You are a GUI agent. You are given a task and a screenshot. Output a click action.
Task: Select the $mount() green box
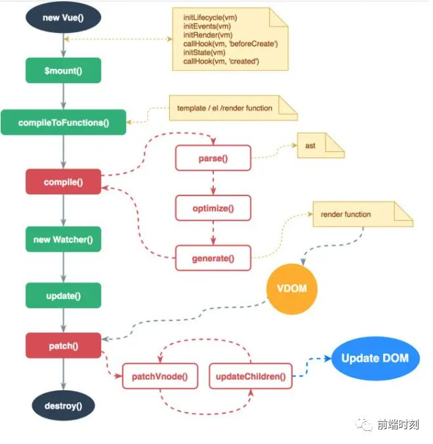[x=64, y=70]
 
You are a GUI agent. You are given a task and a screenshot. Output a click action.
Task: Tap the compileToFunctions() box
[x=64, y=122]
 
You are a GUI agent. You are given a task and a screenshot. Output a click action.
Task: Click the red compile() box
[x=64, y=182]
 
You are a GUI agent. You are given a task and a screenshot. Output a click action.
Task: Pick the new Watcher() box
[x=64, y=239]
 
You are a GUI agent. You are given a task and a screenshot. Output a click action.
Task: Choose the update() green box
[x=64, y=296]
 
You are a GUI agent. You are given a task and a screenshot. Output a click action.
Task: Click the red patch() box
[x=64, y=345]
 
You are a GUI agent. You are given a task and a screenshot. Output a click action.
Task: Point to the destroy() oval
[x=64, y=405]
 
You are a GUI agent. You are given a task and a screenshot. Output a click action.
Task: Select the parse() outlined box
[x=213, y=159]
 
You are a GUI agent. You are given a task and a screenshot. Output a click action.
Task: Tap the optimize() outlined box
[x=213, y=208]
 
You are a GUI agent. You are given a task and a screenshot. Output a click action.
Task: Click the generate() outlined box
[x=213, y=258]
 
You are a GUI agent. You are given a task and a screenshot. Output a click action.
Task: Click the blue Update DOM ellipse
[x=375, y=358]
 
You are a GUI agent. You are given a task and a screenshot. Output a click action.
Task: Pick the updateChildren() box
[x=251, y=376]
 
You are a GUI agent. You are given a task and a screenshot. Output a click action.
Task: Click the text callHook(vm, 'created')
[x=221, y=61]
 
